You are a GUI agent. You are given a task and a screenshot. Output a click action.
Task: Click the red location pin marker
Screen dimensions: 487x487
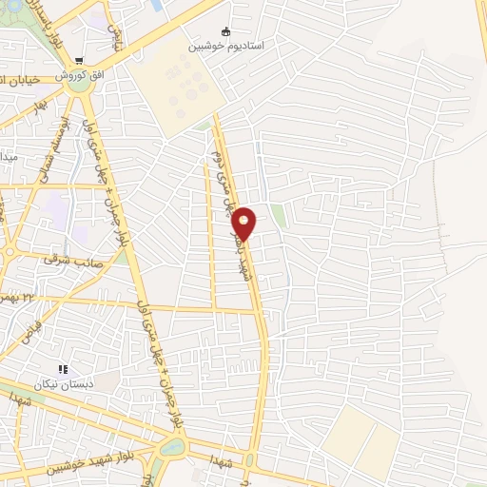tap(245, 223)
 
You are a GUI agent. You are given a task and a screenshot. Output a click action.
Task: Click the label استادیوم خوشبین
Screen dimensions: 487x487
tap(225, 45)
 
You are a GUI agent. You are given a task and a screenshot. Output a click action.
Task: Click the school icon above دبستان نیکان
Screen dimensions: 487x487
tap(64, 369)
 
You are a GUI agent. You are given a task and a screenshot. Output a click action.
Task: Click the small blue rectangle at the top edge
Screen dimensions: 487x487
tap(155, 5)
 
